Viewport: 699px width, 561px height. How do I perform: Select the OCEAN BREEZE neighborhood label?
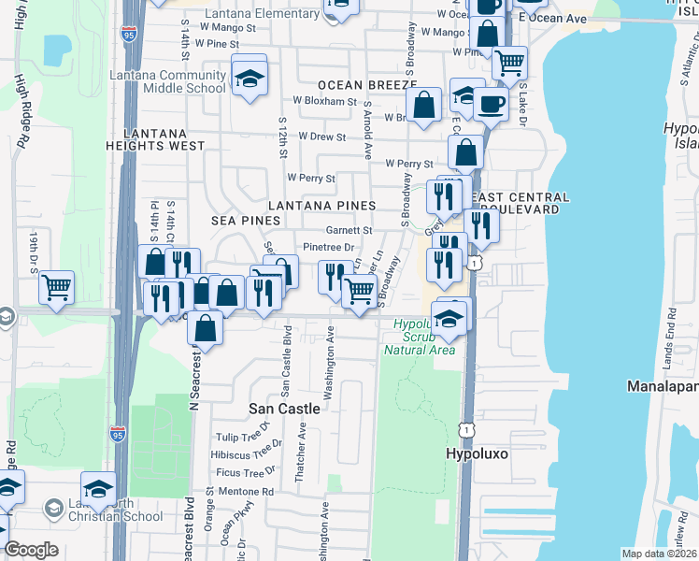(360, 85)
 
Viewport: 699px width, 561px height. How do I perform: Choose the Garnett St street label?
(349, 230)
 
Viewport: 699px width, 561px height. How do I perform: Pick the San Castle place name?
(284, 409)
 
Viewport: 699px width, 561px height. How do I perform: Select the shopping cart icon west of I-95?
(57, 286)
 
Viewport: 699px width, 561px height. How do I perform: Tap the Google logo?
(31, 550)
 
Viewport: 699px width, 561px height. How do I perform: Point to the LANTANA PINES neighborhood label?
(322, 205)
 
